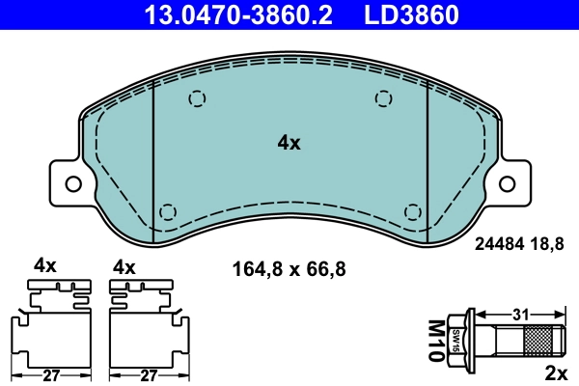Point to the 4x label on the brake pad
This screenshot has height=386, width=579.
click(x=289, y=143)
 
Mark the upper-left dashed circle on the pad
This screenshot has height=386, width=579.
click(x=198, y=98)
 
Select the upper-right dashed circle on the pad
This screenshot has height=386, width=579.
click(x=383, y=98)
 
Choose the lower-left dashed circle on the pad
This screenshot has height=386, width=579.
click(x=168, y=211)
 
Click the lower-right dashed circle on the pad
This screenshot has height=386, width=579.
click(x=413, y=211)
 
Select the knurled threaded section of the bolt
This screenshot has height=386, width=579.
click(x=541, y=340)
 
